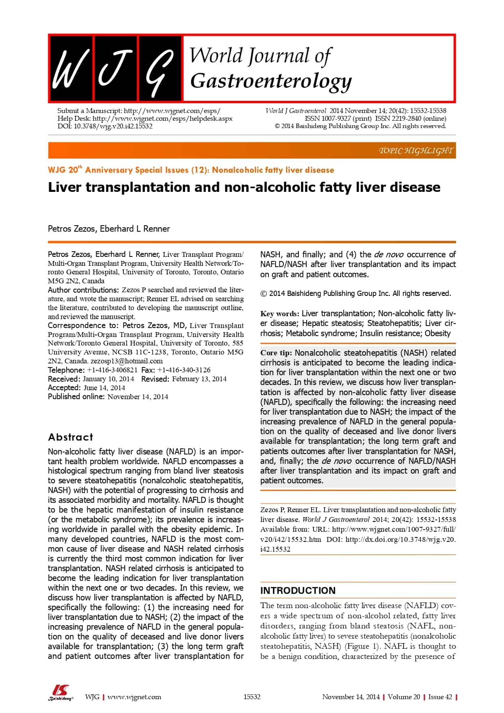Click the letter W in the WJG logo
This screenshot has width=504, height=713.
(x=70, y=68)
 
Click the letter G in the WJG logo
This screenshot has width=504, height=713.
(x=160, y=68)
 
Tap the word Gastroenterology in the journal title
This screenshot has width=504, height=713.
(x=271, y=81)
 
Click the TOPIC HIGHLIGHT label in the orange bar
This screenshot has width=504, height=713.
(x=415, y=151)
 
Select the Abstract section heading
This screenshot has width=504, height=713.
(x=71, y=437)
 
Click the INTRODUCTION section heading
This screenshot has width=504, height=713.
(x=298, y=590)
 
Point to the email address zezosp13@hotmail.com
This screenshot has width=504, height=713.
(x=127, y=361)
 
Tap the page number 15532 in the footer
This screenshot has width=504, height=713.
(x=252, y=697)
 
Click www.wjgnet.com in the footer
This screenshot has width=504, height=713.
(x=134, y=697)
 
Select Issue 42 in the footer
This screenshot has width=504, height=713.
(x=440, y=697)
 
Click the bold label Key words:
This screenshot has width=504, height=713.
(x=280, y=313)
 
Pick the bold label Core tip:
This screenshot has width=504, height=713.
(x=276, y=353)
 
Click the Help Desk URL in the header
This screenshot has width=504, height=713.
(x=162, y=118)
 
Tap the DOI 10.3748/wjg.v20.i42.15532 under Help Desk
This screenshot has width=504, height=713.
(x=113, y=126)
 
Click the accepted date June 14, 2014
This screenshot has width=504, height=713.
(x=104, y=388)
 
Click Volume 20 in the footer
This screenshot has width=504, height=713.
(x=404, y=697)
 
